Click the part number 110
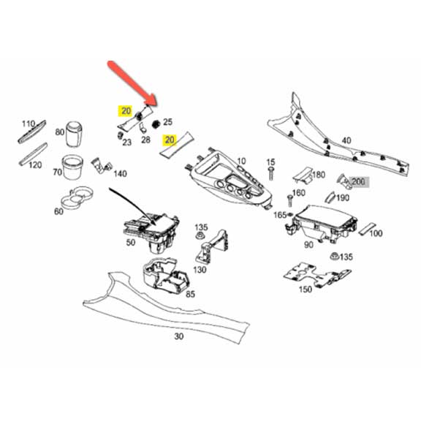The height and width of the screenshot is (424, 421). [28, 124]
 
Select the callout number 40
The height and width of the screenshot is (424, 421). [346, 140]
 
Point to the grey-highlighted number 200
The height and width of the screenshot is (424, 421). [357, 181]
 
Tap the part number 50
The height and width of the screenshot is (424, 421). [132, 242]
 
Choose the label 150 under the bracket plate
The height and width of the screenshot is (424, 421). [306, 289]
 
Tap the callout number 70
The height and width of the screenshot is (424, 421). [56, 173]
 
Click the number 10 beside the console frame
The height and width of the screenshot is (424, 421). [241, 161]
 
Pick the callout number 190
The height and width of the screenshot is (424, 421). [343, 197]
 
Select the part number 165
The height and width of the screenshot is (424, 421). [279, 214]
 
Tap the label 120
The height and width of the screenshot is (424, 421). [35, 165]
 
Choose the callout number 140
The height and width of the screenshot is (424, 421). [120, 174]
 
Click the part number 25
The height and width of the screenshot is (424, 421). [167, 121]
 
